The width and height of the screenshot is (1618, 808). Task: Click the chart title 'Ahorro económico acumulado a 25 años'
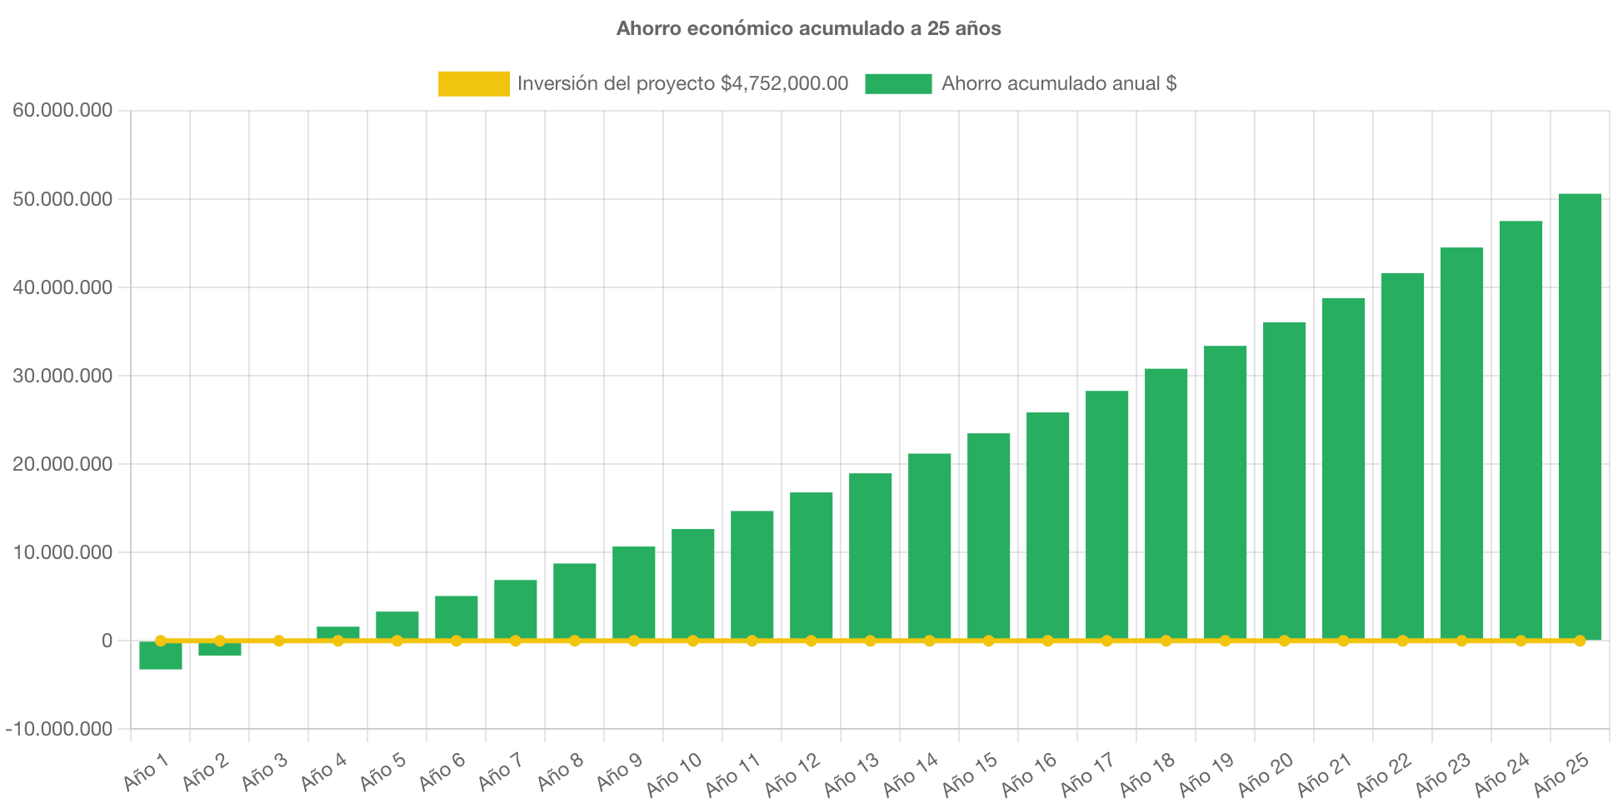coord(808,28)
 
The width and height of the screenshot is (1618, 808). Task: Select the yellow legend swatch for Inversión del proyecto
coord(473,83)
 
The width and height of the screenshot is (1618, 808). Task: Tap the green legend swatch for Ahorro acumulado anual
coord(898,83)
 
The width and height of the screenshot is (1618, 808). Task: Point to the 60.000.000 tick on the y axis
coord(62,111)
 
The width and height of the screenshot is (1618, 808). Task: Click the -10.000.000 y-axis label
coord(59,730)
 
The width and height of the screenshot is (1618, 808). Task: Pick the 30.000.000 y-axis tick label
coord(62,376)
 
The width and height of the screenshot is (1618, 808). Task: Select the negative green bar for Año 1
coord(161,656)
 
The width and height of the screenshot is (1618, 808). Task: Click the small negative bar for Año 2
coord(220,649)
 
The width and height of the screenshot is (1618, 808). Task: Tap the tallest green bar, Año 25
coord(1580,416)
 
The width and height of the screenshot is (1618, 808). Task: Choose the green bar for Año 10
coord(693,584)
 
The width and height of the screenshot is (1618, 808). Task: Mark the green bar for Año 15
coord(989,536)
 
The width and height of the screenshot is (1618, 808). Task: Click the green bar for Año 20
coord(1284,481)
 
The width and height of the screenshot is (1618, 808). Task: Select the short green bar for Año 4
coord(338,632)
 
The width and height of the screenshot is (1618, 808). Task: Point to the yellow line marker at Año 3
coord(279,641)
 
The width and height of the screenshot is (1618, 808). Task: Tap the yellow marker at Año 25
coord(1580,641)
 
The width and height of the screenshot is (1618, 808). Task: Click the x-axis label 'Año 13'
coord(851,773)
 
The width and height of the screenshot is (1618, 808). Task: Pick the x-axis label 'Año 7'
coord(500,771)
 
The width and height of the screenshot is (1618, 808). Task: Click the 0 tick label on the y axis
coord(107,641)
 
